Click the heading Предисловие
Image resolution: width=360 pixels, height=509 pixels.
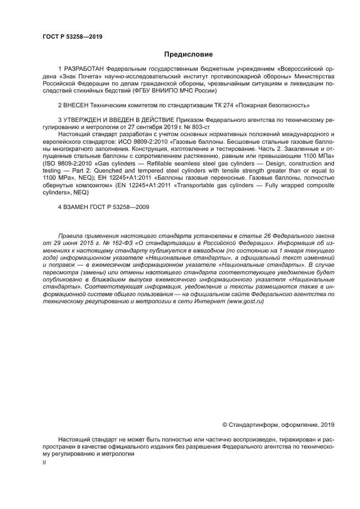pos(188,54)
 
